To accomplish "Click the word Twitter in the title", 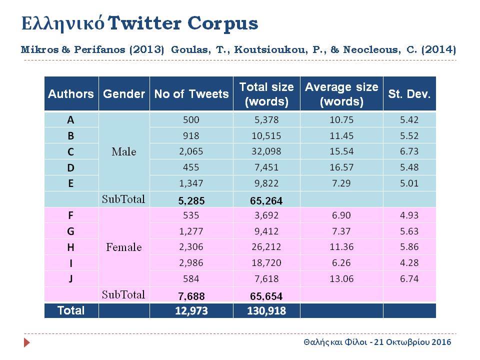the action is (x=144, y=23).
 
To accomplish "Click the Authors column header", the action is (x=71, y=94).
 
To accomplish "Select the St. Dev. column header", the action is (x=409, y=94).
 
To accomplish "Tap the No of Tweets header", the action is (x=191, y=94).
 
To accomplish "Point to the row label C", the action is (x=70, y=152).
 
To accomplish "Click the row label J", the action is (x=70, y=279).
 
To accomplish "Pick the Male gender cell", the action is (x=124, y=151).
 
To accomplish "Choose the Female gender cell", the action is (x=124, y=247).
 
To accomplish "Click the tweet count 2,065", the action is (x=191, y=151).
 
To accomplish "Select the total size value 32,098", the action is (x=266, y=151).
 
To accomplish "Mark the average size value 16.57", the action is (x=341, y=167).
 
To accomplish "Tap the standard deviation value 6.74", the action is (x=409, y=279).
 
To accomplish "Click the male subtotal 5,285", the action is (x=191, y=201).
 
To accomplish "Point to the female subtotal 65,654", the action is (x=266, y=296).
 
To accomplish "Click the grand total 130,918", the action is (x=266, y=311).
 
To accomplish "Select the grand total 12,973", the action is (x=191, y=311).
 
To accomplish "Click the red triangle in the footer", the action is (x=27, y=342).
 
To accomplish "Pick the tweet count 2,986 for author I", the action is (x=191, y=263).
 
